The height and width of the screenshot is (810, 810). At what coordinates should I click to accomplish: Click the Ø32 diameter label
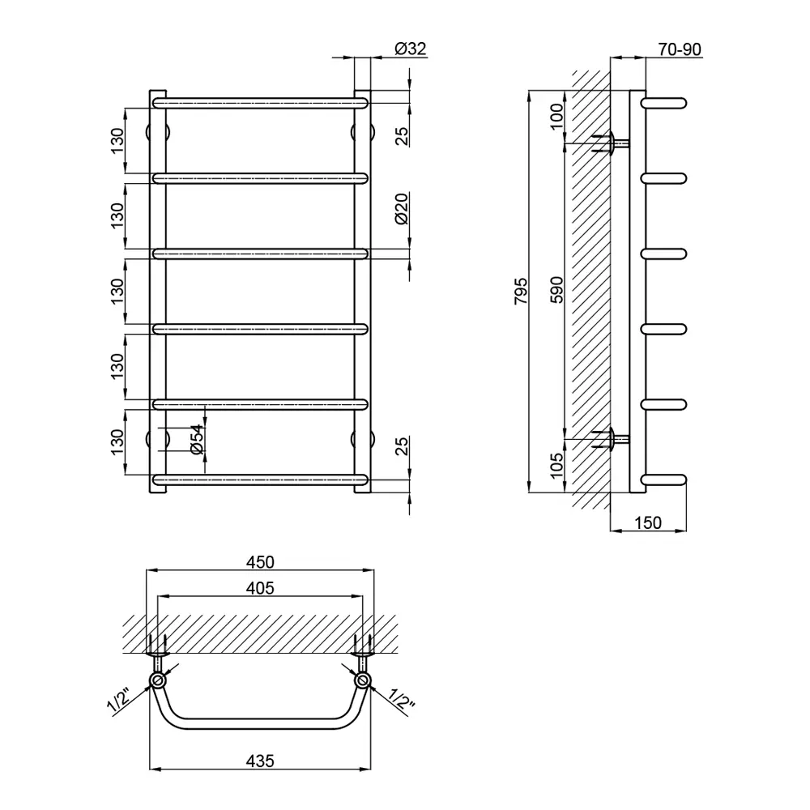click(x=411, y=49)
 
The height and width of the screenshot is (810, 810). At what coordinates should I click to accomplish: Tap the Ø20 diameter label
click(x=402, y=208)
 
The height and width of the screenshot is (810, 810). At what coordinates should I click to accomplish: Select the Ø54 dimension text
click(x=198, y=440)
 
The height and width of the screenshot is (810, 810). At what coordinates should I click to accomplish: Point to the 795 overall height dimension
click(x=521, y=291)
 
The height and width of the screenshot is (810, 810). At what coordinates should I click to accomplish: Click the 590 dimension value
click(x=556, y=290)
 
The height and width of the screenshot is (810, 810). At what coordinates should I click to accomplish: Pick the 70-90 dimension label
click(x=680, y=49)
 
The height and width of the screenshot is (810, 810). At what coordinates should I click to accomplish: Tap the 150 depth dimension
click(x=648, y=522)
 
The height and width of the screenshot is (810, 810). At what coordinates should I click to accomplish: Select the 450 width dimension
click(x=260, y=562)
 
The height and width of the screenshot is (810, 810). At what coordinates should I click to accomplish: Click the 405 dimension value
click(x=260, y=588)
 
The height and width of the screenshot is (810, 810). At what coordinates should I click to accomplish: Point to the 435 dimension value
click(x=260, y=761)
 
